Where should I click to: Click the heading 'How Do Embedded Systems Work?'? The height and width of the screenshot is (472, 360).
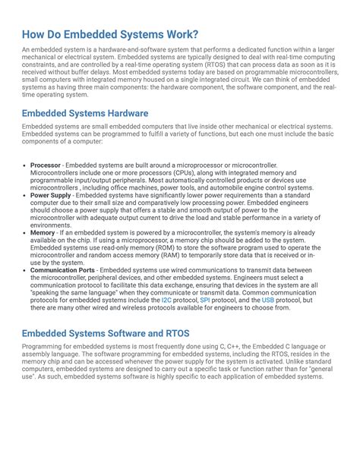110,35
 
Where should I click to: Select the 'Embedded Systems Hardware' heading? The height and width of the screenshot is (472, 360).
84,113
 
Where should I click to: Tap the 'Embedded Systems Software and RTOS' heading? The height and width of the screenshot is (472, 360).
106,333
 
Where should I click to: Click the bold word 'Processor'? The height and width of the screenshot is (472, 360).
46,165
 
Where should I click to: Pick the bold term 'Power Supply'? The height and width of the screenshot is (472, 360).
50,195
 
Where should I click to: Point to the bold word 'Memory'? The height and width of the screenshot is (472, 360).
43,232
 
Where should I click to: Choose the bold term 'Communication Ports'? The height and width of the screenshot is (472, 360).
62,269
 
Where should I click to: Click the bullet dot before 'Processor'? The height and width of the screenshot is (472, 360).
25,165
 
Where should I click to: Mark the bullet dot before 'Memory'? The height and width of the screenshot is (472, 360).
25,232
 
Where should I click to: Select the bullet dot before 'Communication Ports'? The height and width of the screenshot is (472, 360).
25,269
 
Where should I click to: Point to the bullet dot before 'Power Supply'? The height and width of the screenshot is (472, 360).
25,195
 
